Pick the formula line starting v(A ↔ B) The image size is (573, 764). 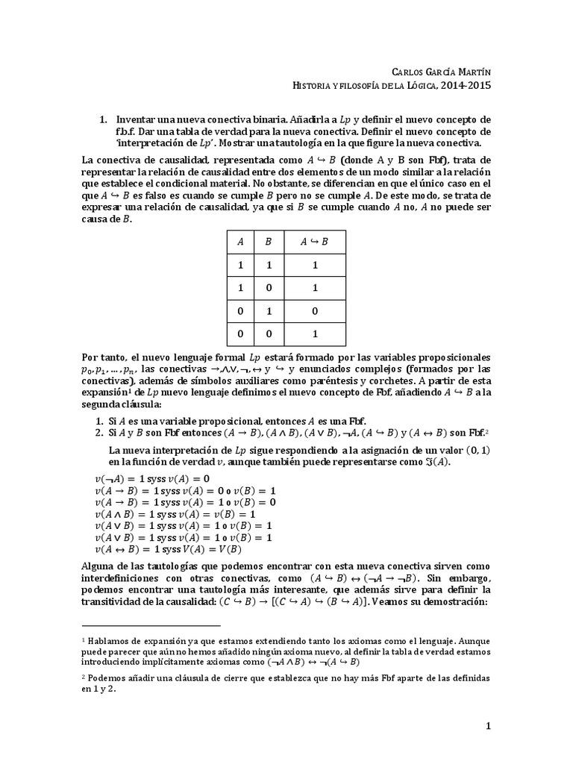pyautogui.click(x=162, y=549)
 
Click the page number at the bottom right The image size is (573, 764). pyautogui.click(x=488, y=725)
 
